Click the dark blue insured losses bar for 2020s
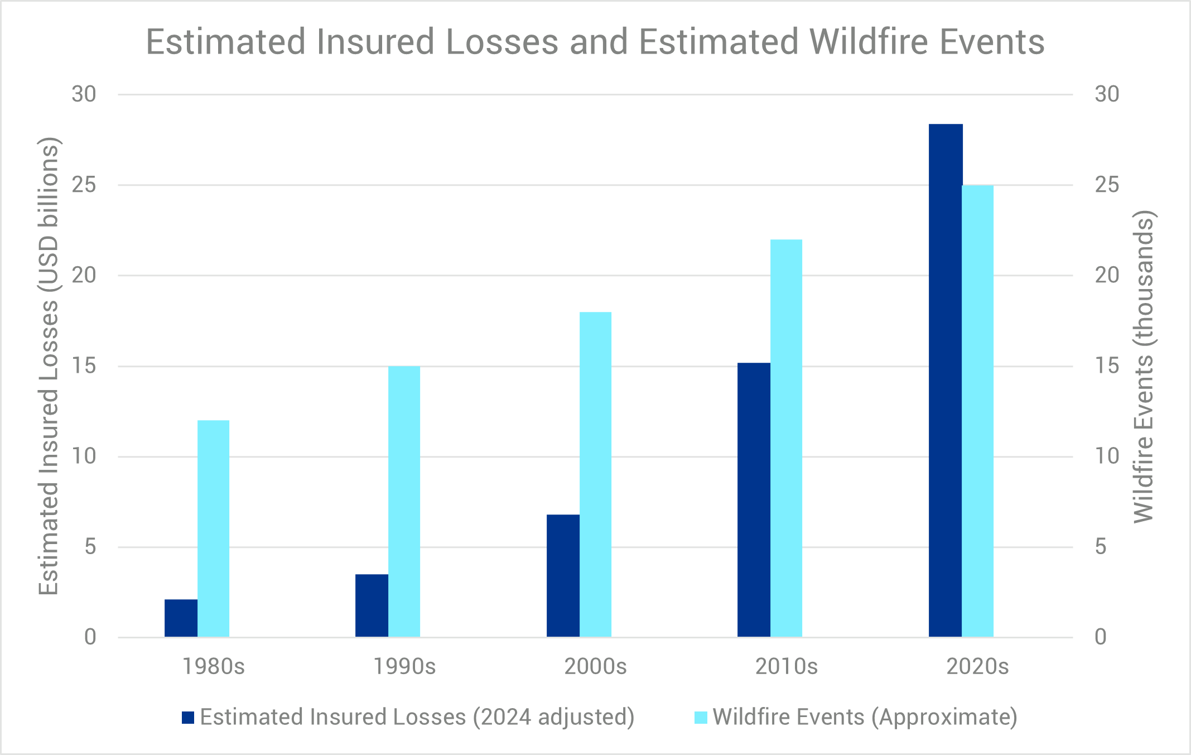click(x=945, y=380)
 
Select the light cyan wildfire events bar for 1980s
click(x=213, y=528)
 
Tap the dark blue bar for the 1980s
click(x=181, y=618)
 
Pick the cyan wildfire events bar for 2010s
click(x=786, y=438)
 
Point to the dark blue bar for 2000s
click(x=563, y=575)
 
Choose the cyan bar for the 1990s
click(x=404, y=501)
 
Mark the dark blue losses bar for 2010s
click(x=754, y=499)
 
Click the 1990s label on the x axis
click(x=404, y=666)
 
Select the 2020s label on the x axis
click(x=977, y=666)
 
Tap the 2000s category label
click(x=595, y=666)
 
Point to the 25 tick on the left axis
click(x=84, y=185)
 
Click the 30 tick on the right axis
click(x=1107, y=94)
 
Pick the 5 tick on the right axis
click(x=1101, y=547)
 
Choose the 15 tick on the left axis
click(x=84, y=366)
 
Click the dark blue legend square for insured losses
click(x=188, y=718)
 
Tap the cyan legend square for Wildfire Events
click(x=701, y=718)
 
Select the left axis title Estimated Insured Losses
click(x=49, y=366)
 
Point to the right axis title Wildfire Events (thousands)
click(x=1144, y=367)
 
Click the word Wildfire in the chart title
click(x=870, y=42)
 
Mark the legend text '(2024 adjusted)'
click(x=553, y=718)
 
